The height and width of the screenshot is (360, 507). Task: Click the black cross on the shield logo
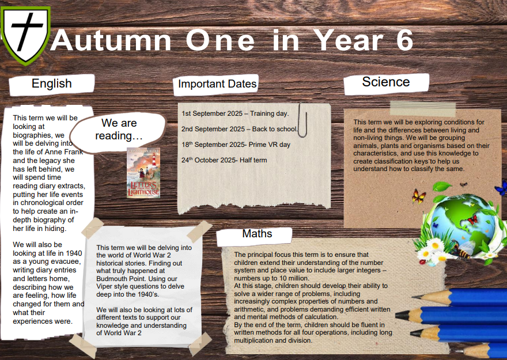pos(26,28)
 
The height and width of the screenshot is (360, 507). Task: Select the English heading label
pos(52,84)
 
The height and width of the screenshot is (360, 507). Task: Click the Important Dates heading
pos(217,84)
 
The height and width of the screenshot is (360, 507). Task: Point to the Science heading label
pos(386,82)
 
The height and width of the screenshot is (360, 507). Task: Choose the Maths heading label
pos(257,234)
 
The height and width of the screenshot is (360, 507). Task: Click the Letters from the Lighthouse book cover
pos(143,173)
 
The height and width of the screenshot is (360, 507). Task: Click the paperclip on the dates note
pos(302,120)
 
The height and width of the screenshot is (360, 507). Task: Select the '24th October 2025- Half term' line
pos(224,160)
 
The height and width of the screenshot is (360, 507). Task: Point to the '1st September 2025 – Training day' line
pos(235,113)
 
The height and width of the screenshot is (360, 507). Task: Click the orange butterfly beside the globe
pos(419,196)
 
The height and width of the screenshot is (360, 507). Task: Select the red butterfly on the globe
pos(472,220)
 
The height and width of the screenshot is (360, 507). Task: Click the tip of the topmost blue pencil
pos(413,296)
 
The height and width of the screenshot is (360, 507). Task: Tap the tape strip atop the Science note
pos(423,109)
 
